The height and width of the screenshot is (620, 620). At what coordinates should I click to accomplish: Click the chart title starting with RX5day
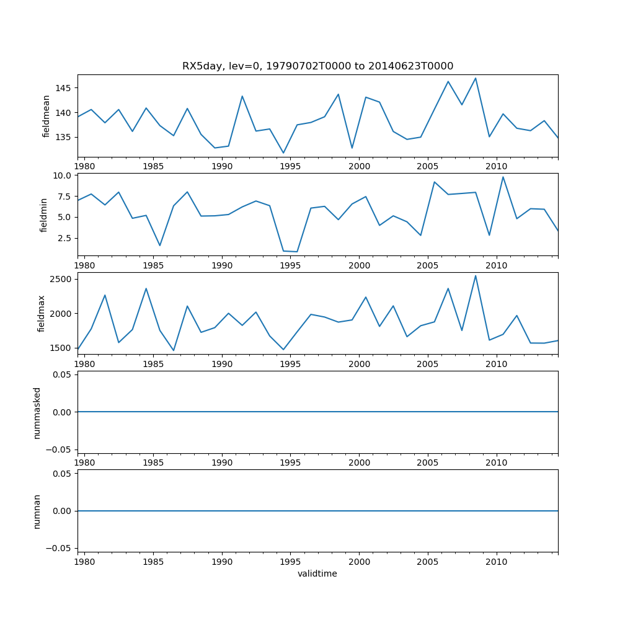tap(317, 66)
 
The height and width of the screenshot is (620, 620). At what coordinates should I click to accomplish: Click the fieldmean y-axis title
tap(46, 116)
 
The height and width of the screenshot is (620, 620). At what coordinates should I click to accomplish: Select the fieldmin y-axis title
tap(44, 215)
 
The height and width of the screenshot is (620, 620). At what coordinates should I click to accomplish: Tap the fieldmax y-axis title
tap(42, 313)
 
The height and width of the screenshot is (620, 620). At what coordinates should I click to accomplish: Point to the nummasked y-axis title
tap(37, 412)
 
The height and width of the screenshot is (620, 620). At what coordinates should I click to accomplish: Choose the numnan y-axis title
tap(37, 511)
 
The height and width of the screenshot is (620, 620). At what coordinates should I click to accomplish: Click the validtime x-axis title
tap(317, 574)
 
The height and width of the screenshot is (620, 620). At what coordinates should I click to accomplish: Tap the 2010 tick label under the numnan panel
tap(497, 562)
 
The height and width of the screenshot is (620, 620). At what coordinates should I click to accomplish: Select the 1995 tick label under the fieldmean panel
tap(291, 167)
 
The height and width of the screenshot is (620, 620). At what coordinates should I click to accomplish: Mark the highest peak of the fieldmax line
tap(476, 276)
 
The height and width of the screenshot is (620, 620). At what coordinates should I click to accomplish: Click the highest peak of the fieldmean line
tap(476, 78)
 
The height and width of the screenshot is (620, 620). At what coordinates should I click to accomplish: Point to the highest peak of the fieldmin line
tap(503, 177)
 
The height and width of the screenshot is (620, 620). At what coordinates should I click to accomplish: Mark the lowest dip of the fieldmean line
tap(283, 153)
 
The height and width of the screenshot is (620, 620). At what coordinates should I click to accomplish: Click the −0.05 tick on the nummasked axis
tap(60, 449)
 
